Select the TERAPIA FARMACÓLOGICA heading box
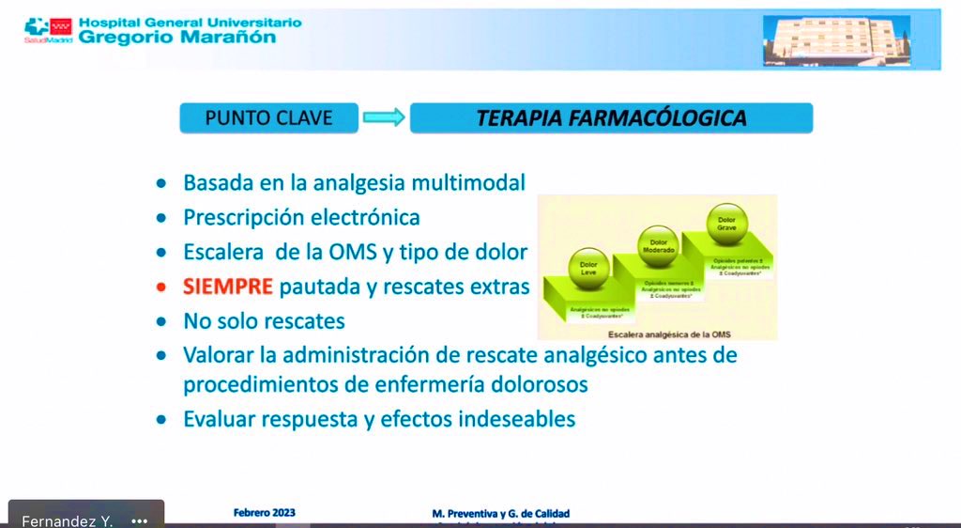tap(611, 118)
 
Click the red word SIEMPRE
tap(228, 286)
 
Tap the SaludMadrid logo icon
tap(40, 30)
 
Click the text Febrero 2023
tap(264, 513)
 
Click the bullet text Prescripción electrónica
tap(301, 217)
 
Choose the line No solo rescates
tap(264, 320)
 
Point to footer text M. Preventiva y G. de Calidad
tap(499, 513)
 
